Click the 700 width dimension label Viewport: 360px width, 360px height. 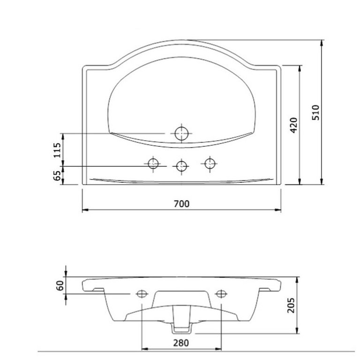(x=181, y=203)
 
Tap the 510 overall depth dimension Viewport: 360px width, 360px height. (x=315, y=112)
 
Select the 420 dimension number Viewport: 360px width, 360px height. (x=293, y=125)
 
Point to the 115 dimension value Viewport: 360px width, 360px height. (x=57, y=150)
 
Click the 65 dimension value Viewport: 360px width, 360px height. (x=57, y=176)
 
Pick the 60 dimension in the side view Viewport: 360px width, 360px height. (x=60, y=285)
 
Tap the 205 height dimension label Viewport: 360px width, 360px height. (x=291, y=305)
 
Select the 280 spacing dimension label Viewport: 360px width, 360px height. (x=181, y=343)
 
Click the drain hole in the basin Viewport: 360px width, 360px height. (x=181, y=134)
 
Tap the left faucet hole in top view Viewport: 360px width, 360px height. (x=153, y=164)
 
